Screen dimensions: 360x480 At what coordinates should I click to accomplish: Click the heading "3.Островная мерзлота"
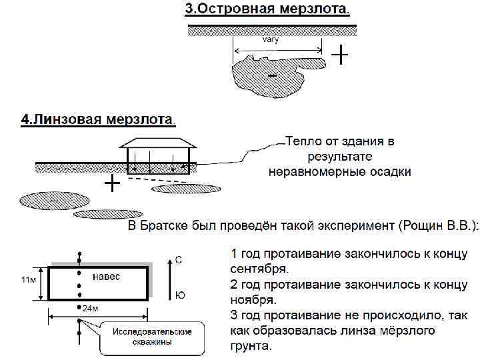[267, 10]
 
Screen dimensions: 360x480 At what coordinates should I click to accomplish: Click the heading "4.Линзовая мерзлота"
[97, 120]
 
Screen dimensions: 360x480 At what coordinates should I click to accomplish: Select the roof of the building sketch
[159, 142]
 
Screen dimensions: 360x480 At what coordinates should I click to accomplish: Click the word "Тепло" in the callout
[301, 141]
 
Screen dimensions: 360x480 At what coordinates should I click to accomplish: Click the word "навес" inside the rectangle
[107, 276]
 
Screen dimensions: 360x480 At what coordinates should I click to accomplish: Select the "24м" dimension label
[91, 311]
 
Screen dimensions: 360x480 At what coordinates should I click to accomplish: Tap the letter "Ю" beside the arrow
[179, 294]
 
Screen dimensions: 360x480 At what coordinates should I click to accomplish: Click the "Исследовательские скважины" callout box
[151, 337]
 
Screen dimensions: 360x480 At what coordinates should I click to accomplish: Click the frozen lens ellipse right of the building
[187, 189]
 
